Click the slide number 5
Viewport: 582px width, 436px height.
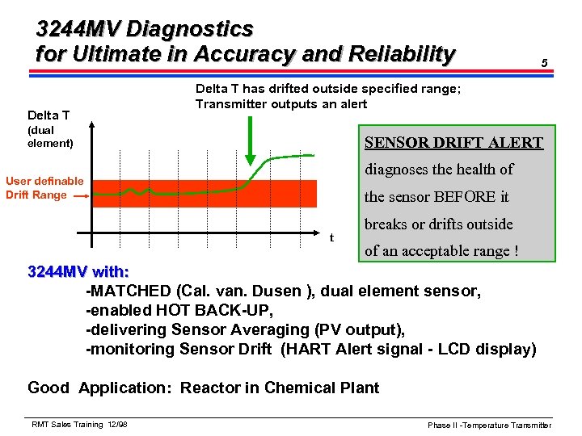(x=545, y=63)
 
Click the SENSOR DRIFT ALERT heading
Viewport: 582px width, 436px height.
(x=453, y=143)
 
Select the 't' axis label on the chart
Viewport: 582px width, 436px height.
(x=331, y=237)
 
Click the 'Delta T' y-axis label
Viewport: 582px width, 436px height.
(x=48, y=115)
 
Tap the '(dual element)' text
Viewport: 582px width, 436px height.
(x=50, y=136)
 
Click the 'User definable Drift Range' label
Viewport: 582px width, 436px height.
(x=44, y=187)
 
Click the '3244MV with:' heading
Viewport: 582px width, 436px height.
(x=78, y=271)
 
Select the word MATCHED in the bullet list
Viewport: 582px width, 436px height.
(x=132, y=291)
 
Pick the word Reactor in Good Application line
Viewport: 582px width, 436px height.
(x=209, y=388)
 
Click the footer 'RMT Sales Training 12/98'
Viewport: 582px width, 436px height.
(x=79, y=425)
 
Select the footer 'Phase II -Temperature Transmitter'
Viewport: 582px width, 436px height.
(x=489, y=425)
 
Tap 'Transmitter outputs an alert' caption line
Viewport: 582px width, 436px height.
(x=280, y=104)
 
